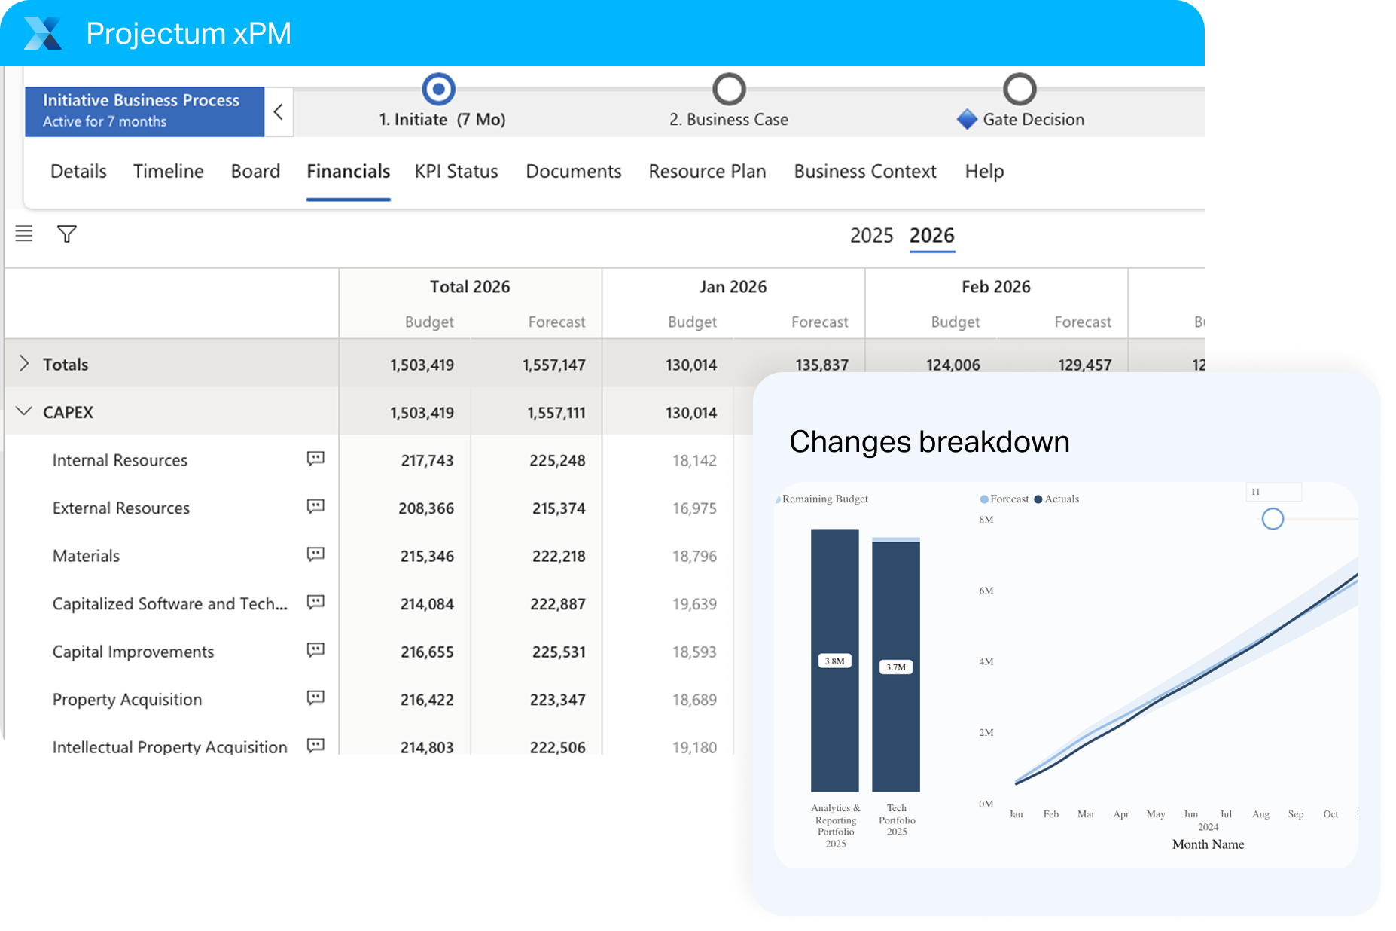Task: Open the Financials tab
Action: coord(348,172)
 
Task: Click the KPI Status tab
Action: coord(456,172)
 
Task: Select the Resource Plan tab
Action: coord(707,172)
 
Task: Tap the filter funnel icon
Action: coord(67,234)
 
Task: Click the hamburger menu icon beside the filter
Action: coord(24,234)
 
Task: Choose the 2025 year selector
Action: coord(871,236)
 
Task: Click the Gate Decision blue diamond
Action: coord(967,120)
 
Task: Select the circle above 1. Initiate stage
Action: coord(439,90)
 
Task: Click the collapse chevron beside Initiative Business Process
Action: coord(279,112)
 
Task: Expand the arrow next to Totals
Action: coord(24,364)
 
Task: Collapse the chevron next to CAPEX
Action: coord(24,411)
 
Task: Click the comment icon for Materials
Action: coord(315,554)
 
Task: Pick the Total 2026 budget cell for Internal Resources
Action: coord(427,461)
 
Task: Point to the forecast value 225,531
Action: coord(558,652)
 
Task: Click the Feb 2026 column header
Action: coord(995,287)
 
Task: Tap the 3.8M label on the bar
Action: coord(834,661)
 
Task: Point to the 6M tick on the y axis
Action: coord(986,591)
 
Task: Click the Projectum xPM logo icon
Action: coord(43,33)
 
